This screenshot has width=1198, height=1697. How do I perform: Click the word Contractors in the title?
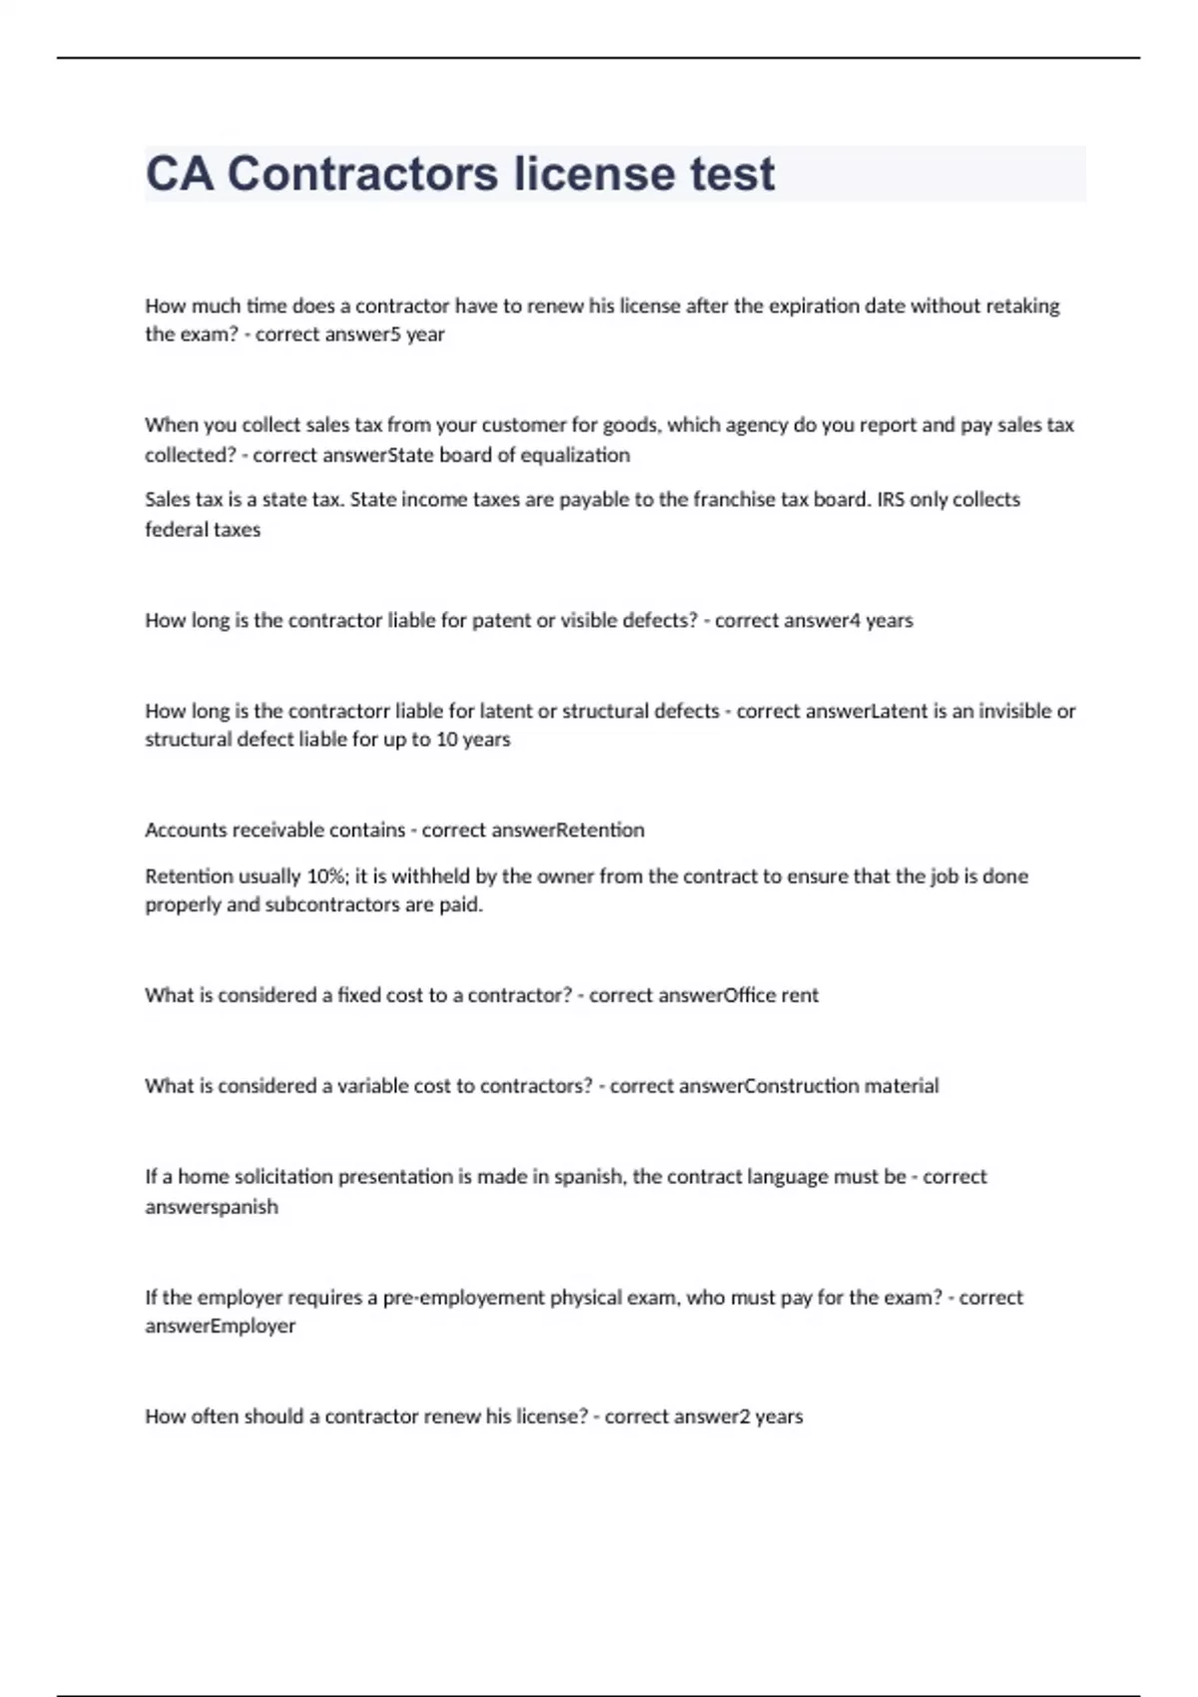click(361, 174)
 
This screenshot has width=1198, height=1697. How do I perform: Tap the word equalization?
click(575, 455)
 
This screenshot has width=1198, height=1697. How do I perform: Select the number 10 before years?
click(446, 740)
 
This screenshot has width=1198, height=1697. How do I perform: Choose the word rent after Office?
click(800, 995)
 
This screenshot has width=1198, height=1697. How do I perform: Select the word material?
click(901, 1086)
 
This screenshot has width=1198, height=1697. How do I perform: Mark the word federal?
click(175, 530)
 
